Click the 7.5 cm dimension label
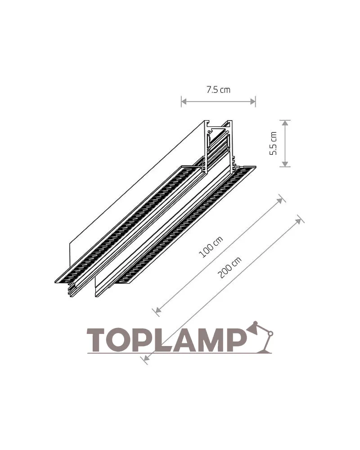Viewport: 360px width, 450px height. pos(218,90)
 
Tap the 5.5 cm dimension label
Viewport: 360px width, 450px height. pos(273,144)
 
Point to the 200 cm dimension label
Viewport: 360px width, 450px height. pos(229,267)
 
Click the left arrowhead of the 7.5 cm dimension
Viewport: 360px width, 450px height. pos(184,101)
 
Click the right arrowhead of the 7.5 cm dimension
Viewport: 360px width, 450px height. pos(252,101)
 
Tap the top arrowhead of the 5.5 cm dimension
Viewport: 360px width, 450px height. pos(285,123)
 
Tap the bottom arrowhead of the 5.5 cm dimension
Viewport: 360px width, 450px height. pos(285,164)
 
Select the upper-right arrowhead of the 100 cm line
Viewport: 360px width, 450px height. pos(279,200)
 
